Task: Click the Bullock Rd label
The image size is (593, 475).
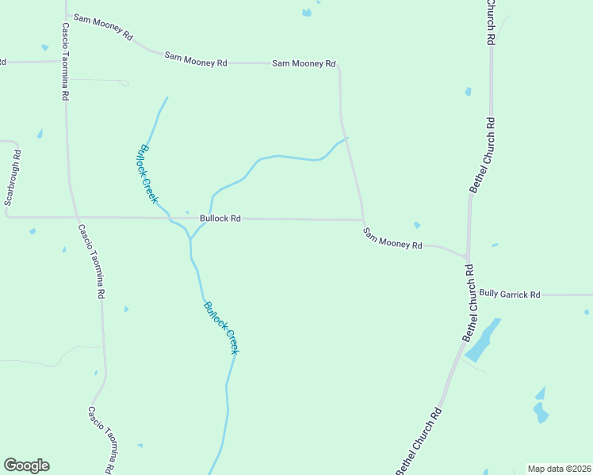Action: (220, 218)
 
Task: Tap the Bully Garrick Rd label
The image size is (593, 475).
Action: (509, 294)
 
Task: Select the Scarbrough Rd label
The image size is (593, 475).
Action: (10, 178)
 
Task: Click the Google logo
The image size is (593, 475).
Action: (26, 465)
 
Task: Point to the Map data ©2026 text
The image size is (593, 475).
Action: (559, 469)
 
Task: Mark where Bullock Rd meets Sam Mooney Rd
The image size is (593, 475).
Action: (363, 220)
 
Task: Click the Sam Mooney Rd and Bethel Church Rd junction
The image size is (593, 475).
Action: (467, 258)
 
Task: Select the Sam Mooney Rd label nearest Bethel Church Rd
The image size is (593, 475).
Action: (392, 238)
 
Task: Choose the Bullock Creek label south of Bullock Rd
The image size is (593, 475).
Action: (220, 327)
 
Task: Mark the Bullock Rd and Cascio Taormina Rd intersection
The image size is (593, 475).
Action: (75, 217)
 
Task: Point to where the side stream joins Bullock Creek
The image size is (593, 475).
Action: (191, 237)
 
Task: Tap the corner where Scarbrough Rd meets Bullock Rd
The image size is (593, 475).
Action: (7, 216)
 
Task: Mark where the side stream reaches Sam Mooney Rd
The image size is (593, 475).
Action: (347, 138)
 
